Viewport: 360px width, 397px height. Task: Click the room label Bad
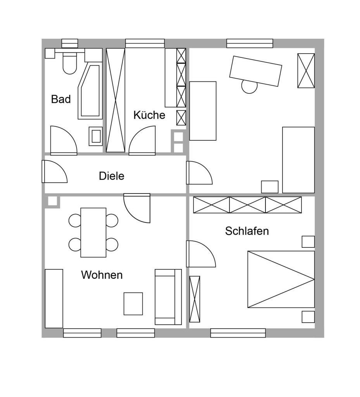(x=61, y=99)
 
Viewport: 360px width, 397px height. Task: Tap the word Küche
(x=149, y=115)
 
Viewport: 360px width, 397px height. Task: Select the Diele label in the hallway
(x=112, y=176)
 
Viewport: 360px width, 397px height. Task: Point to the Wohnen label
(x=102, y=275)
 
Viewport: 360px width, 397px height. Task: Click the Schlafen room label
(x=247, y=231)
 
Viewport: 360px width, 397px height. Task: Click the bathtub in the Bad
(x=90, y=91)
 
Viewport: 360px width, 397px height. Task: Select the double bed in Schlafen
(x=281, y=279)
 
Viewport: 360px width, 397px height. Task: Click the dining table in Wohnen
(x=93, y=233)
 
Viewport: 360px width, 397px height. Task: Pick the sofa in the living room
(x=168, y=297)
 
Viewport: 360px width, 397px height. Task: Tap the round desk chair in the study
(x=249, y=86)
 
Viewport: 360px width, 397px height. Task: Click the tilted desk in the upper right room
(x=255, y=71)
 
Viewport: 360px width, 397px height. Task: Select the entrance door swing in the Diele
(x=54, y=171)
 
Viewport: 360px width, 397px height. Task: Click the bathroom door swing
(x=64, y=140)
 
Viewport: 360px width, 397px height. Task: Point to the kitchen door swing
(x=142, y=140)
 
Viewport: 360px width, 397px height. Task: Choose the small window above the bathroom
(x=70, y=43)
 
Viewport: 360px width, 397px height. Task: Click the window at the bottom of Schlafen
(x=238, y=333)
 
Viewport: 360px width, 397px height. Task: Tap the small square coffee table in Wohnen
(x=133, y=304)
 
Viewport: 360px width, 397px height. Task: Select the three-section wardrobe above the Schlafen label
(x=247, y=205)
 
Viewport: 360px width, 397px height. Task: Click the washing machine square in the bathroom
(x=96, y=136)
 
